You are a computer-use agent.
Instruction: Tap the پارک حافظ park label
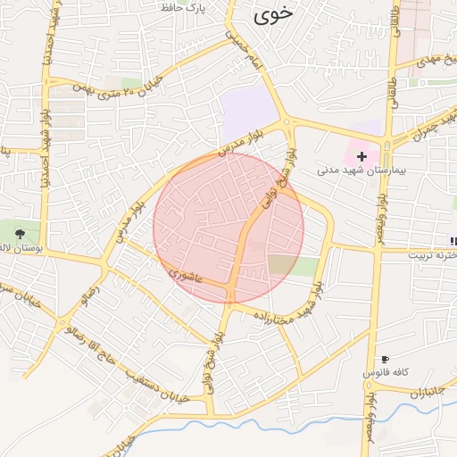pos(183,7)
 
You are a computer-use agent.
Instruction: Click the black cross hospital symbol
pos(361,156)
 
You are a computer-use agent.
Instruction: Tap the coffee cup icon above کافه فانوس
pos(385,359)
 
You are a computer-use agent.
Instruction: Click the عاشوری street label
pos(187,279)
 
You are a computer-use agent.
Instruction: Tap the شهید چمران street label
pos(434,126)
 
